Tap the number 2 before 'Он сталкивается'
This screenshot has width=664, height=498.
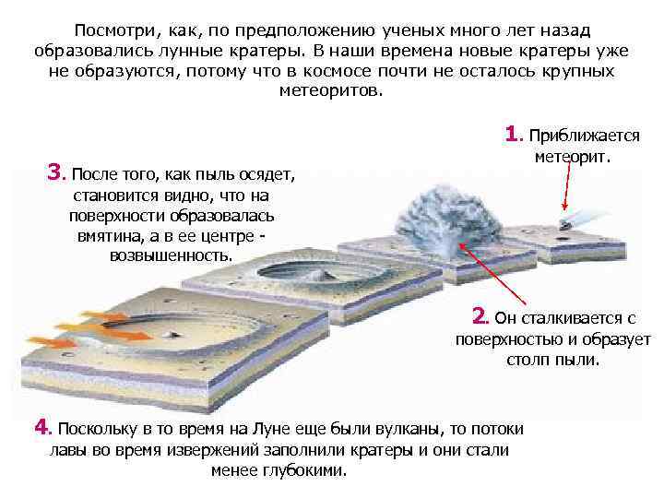click(x=480, y=317)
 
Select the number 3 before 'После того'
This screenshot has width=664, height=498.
click(x=56, y=172)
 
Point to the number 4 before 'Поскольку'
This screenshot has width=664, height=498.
click(x=41, y=427)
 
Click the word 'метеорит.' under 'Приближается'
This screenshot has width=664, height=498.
click(x=573, y=157)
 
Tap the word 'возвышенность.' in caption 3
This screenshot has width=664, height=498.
click(x=172, y=255)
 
